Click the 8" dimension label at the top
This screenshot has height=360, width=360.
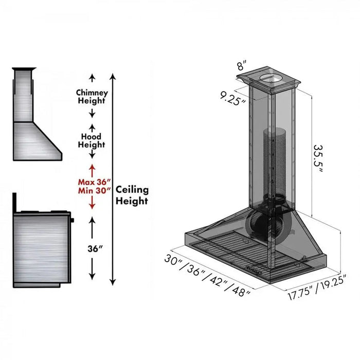(242, 66)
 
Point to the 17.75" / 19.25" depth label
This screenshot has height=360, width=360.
(317, 289)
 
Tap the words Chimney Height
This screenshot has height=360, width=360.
(92, 97)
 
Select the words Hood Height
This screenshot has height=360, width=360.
(92, 140)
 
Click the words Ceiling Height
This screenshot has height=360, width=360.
(132, 195)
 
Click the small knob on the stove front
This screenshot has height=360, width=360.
(73, 220)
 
